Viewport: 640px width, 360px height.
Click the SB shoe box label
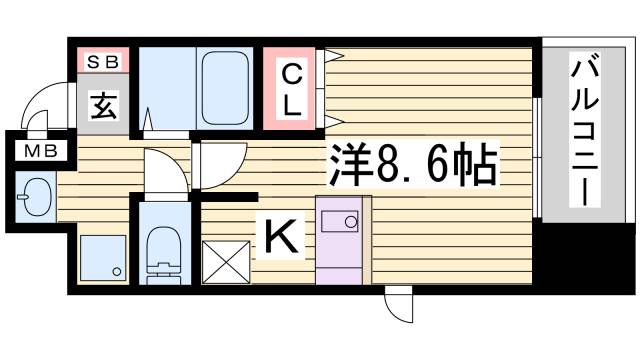pos(101,61)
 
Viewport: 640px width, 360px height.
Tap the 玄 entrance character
pos(102,103)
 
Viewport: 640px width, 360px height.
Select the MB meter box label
pos(41,152)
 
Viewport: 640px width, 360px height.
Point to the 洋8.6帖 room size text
pos(411,163)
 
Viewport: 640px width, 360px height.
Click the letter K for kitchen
pos(279,238)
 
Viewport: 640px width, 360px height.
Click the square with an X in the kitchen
pos(224,262)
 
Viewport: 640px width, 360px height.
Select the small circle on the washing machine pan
pos(116,272)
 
